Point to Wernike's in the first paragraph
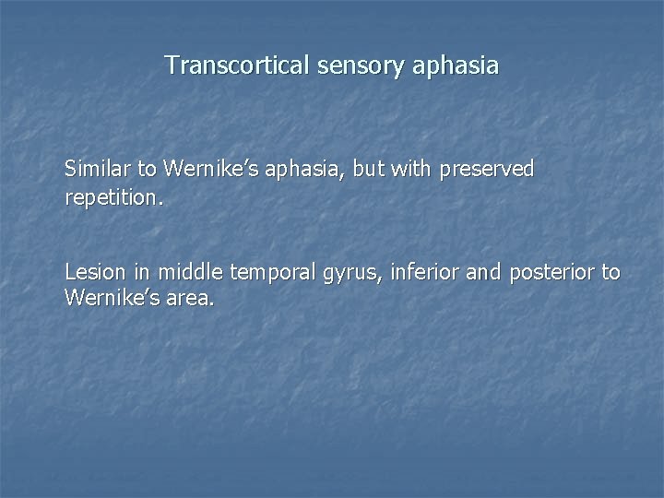[x=200, y=169]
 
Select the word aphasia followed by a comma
[x=283, y=170]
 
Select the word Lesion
[x=91, y=273]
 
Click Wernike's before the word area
[x=101, y=299]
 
